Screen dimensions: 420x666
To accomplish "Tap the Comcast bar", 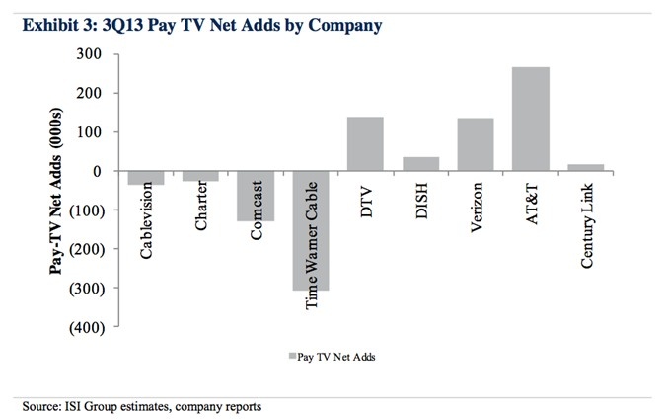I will click(x=256, y=196).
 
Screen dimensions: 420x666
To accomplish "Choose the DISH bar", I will click(x=420, y=164).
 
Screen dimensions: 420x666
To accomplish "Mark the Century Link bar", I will click(x=585, y=168).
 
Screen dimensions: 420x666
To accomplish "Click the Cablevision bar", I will click(x=146, y=178).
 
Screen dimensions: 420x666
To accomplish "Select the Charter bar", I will click(x=201, y=176).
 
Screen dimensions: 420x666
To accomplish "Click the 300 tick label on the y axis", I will click(x=92, y=54).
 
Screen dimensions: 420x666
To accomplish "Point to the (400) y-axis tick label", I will click(x=88, y=326).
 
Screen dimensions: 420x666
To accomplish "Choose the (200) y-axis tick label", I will click(x=88, y=249).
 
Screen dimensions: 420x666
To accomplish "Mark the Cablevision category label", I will click(x=145, y=218).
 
